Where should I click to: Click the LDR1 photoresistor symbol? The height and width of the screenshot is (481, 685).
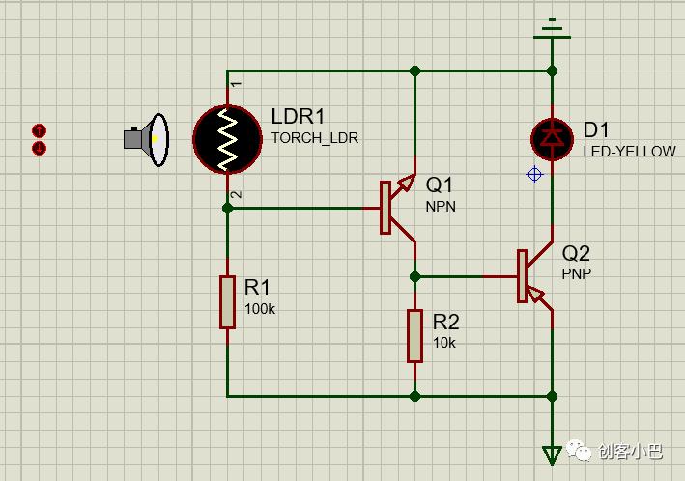coord(227,139)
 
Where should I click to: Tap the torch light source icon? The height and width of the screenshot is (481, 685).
coord(146,140)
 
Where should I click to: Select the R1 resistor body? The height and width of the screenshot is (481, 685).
coord(227,302)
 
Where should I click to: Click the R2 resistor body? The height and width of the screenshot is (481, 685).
coord(414,336)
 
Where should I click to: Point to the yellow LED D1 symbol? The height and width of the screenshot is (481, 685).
coord(553,139)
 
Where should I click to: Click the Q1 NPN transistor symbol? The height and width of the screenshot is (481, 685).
coord(397,208)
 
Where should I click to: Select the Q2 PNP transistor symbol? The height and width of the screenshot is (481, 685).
coord(534,276)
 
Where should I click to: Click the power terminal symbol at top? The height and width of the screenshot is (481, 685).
coord(553,30)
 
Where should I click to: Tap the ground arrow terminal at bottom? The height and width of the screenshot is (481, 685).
coord(552,455)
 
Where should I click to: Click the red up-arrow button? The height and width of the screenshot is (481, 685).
coord(40,130)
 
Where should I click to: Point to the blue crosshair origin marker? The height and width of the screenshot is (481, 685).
coord(534,174)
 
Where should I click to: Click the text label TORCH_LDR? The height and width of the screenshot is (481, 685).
coord(315,138)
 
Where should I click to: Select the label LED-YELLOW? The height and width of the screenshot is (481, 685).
coord(630,152)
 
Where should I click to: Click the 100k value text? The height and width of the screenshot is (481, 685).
coord(260,309)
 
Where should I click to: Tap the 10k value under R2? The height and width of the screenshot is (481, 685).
coord(444,343)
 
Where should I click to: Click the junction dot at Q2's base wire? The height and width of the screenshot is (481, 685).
coord(415,276)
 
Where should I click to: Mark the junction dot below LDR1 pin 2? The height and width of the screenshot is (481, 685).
coord(227,208)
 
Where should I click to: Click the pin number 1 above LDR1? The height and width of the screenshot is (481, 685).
coord(236,84)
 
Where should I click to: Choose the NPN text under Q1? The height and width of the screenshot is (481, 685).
coord(441,206)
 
